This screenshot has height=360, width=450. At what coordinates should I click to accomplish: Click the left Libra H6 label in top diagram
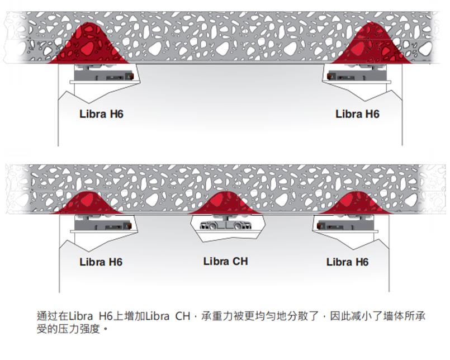tap(101, 114)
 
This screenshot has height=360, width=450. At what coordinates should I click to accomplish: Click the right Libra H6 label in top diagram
tap(357, 114)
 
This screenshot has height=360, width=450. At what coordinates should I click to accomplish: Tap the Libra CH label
tap(225, 261)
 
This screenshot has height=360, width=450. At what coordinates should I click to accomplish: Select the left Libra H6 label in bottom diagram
tap(101, 262)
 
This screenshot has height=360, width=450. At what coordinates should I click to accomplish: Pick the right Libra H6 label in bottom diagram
tap(347, 262)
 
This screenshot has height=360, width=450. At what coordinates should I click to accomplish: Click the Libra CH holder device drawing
tap(225, 224)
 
